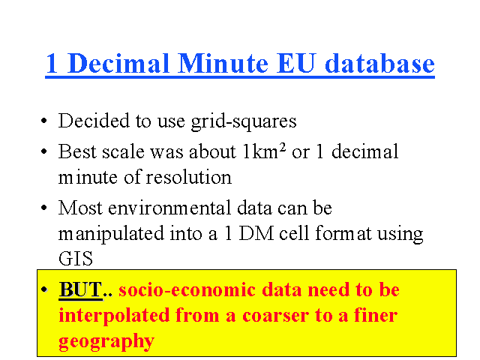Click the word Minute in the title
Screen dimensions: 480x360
click(x=223, y=63)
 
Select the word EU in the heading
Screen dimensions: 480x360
click(x=296, y=63)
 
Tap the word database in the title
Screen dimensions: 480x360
click(x=379, y=63)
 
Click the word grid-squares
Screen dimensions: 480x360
click(x=244, y=121)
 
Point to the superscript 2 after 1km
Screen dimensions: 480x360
click(x=283, y=148)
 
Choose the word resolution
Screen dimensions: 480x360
click(x=188, y=177)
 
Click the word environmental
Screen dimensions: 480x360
click(x=169, y=208)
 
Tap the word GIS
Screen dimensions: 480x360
click(x=76, y=259)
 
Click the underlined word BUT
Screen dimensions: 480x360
click(x=80, y=289)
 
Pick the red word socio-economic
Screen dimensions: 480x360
click(x=187, y=289)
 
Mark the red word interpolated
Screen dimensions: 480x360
click(x=114, y=316)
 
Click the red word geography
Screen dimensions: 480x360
click(x=106, y=341)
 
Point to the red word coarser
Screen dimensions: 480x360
click(x=276, y=316)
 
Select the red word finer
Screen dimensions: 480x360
click(x=376, y=315)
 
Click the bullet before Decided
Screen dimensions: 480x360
click(x=44, y=121)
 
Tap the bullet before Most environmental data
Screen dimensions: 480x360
click(x=44, y=208)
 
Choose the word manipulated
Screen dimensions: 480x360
click(x=111, y=234)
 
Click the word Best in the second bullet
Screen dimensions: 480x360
click(x=77, y=151)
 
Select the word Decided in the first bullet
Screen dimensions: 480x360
click(x=94, y=120)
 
